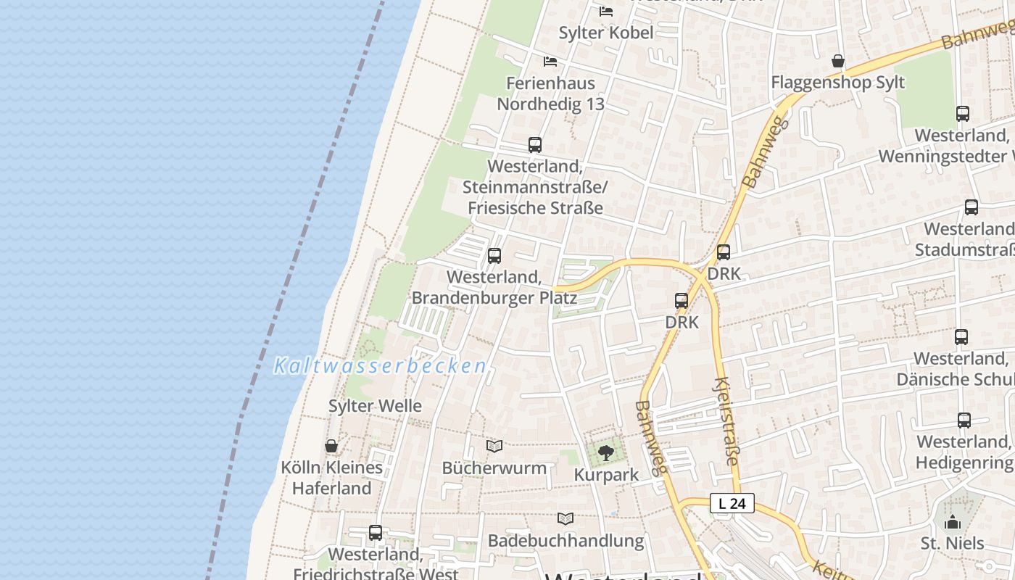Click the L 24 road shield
pyautogui.click(x=732, y=503)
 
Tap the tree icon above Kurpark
pyautogui.click(x=606, y=454)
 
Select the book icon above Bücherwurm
pyautogui.click(x=494, y=446)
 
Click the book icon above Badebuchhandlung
pyautogui.click(x=565, y=518)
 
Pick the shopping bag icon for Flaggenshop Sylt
pyautogui.click(x=838, y=61)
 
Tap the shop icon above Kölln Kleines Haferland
pyautogui.click(x=331, y=445)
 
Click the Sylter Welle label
pyautogui.click(x=375, y=406)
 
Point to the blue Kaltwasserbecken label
pyautogui.click(x=380, y=366)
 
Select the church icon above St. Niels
pyautogui.click(x=953, y=521)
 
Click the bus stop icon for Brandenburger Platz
pyautogui.click(x=494, y=255)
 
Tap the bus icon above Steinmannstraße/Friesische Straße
pyautogui.click(x=535, y=144)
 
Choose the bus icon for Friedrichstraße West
pyautogui.click(x=376, y=533)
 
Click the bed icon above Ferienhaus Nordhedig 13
pyautogui.click(x=550, y=62)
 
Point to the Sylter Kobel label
pyautogui.click(x=606, y=33)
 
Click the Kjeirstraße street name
pyautogui.click(x=726, y=421)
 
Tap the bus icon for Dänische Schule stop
pyautogui.click(x=961, y=336)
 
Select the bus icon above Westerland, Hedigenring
pyautogui.click(x=964, y=420)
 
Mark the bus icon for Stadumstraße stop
pyautogui.click(x=971, y=207)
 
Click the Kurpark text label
pyautogui.click(x=606, y=475)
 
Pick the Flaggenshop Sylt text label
pyautogui.click(x=838, y=82)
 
